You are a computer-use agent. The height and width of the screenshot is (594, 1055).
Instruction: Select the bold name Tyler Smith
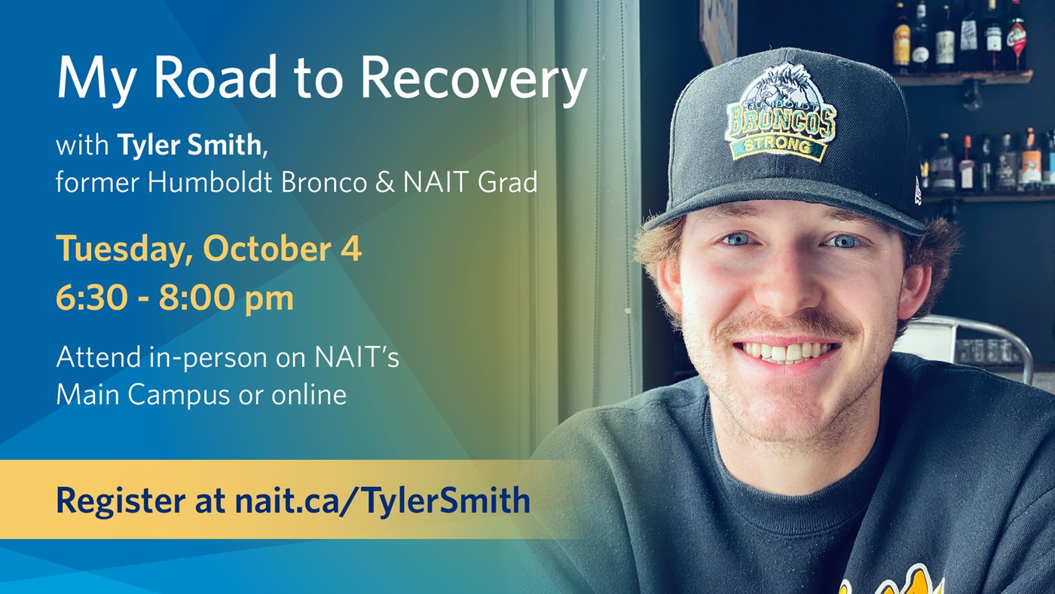point(189,144)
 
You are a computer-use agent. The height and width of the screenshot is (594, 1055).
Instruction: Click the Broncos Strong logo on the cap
point(780,113)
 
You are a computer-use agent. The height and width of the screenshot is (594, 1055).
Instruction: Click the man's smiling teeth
point(787,351)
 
